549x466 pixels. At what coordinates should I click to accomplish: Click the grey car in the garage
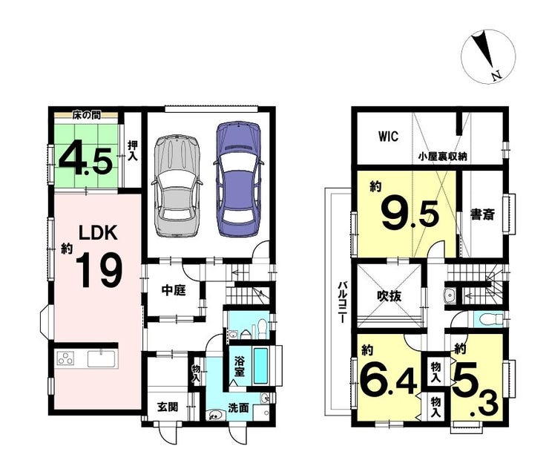(177, 186)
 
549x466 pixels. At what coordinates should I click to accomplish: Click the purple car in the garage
(238, 179)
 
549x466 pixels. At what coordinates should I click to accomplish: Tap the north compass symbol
(488, 56)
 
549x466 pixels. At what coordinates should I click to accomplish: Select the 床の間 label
(87, 115)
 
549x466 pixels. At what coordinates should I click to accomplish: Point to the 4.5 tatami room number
(86, 161)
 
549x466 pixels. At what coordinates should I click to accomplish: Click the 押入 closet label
(132, 151)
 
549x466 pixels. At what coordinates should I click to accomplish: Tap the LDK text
(98, 232)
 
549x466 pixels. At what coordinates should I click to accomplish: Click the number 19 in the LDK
(99, 270)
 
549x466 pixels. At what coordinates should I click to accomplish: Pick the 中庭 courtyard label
(174, 290)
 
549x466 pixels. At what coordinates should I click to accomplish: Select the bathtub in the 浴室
(260, 365)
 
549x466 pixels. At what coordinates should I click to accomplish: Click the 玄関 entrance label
(168, 407)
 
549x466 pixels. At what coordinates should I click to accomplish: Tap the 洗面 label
(238, 407)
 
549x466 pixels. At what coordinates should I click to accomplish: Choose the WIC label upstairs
(388, 137)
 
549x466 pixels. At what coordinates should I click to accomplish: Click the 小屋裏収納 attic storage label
(443, 156)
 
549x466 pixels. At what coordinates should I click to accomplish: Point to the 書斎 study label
(482, 214)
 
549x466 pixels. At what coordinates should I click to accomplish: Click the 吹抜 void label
(389, 296)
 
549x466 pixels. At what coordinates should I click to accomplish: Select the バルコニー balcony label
(342, 302)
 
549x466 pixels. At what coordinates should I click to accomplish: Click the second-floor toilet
(488, 319)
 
